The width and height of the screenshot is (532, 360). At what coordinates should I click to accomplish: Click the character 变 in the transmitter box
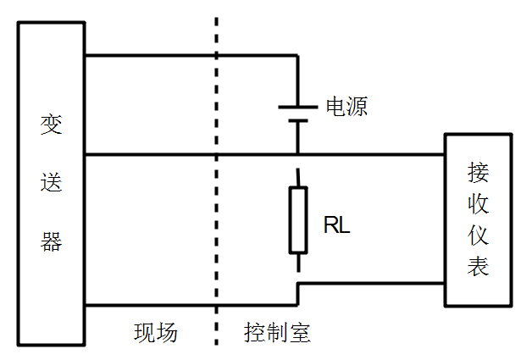(52, 125)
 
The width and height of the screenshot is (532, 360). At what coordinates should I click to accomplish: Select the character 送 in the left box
(52, 182)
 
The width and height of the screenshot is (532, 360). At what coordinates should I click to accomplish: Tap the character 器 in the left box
(52, 241)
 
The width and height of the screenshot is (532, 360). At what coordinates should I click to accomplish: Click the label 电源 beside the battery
(346, 108)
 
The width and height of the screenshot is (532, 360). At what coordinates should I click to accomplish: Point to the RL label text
(336, 226)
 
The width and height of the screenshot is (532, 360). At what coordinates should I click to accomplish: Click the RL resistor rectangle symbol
(297, 220)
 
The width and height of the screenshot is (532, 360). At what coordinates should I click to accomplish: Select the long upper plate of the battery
(297, 108)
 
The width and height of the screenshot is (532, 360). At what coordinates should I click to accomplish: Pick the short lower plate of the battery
(297, 122)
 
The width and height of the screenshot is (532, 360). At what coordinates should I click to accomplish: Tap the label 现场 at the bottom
(156, 332)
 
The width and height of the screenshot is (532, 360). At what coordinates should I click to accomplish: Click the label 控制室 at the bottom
(277, 332)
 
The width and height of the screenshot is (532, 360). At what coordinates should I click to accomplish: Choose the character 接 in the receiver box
(478, 172)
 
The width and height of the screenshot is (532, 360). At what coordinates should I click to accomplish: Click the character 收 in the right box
(478, 204)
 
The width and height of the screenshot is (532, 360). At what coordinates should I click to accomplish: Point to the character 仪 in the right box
(478, 235)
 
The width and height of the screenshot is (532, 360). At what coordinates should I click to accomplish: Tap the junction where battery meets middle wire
(297, 155)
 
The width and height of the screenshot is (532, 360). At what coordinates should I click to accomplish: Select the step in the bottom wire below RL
(297, 293)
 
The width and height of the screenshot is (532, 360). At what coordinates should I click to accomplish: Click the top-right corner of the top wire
(297, 56)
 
